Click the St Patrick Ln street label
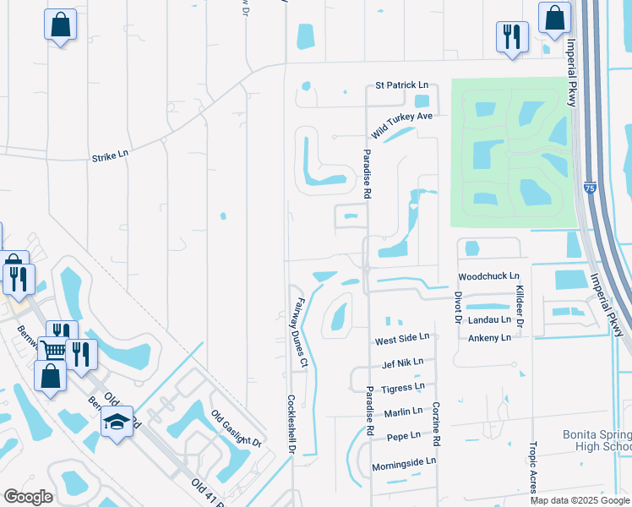pos(402,86)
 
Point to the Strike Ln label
pos(110,155)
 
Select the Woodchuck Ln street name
pos(487,276)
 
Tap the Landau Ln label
pos(489,319)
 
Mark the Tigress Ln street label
pos(403,386)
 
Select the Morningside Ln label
pos(406,461)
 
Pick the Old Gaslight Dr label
pos(237,428)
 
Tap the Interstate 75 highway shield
pos(591,183)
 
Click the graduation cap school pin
pos(117,420)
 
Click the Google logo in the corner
pos(29,497)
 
